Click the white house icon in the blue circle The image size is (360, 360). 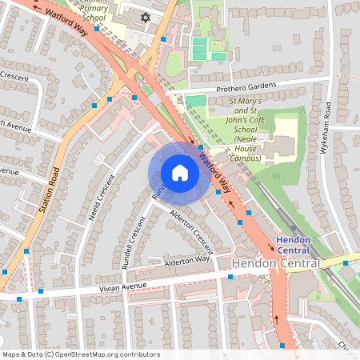click(179, 173)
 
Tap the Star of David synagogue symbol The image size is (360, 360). click(145, 17)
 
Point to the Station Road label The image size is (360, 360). click(50, 190)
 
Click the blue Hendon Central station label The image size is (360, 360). click(298, 244)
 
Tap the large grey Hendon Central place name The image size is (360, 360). click(276, 263)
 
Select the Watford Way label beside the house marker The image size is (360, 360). click(215, 173)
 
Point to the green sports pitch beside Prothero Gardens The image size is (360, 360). click(196, 101)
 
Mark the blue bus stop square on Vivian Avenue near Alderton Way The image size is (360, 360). click(230, 277)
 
